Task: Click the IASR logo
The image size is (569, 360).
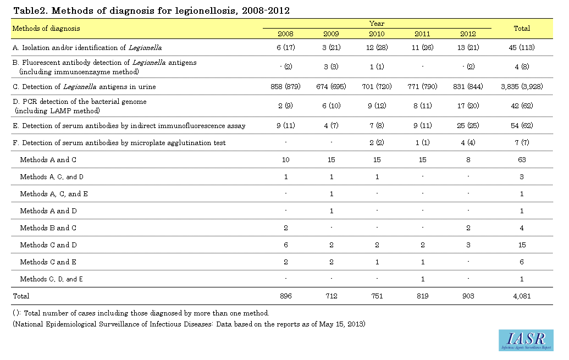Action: tap(526, 340)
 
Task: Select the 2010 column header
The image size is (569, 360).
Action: tap(377, 34)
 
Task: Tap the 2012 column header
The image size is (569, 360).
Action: tap(468, 34)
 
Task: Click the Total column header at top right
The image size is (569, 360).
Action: tap(522, 29)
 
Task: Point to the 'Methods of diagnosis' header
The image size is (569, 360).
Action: tap(46, 29)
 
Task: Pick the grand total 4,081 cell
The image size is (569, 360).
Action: tap(522, 296)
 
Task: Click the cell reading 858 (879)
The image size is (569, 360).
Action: tap(285, 87)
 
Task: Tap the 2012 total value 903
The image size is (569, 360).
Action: tap(468, 296)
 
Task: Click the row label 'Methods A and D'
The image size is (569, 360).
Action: tap(48, 211)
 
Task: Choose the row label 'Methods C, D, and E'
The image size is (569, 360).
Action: tap(51, 279)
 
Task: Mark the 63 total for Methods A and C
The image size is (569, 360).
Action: tap(522, 160)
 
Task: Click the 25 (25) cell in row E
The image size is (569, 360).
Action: tap(468, 125)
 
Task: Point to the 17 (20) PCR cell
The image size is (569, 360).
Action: tap(468, 106)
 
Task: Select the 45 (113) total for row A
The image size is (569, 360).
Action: tap(522, 47)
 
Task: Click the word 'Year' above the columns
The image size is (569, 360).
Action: tap(377, 24)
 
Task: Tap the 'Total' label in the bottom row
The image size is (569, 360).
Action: tap(21, 296)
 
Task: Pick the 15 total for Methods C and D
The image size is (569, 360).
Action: tap(522, 245)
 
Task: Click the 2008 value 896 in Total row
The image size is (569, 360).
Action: tap(285, 296)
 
